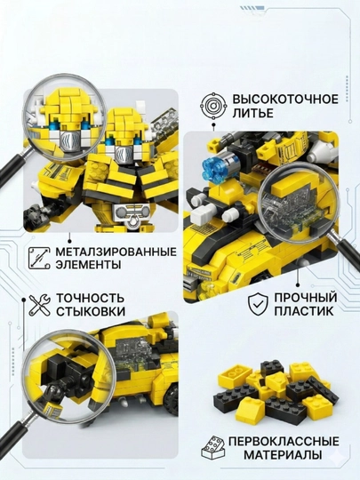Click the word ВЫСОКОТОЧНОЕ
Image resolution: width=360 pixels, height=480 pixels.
pos(285,100)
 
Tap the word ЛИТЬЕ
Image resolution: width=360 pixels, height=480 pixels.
pos(252,113)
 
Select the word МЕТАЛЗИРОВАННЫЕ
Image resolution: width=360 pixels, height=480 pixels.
pos(116,252)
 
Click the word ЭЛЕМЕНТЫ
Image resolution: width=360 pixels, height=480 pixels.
pos(88,265)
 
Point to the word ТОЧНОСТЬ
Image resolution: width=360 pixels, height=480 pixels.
pos(91,298)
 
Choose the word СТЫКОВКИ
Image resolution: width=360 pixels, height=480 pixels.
pos(91,311)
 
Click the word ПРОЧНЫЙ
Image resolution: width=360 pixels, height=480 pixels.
pos(306,298)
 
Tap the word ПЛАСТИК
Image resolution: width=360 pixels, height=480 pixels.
pos(304,311)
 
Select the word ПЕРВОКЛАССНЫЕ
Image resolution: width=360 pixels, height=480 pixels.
pos(284,442)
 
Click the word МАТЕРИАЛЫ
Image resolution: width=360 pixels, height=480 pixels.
pos(283,454)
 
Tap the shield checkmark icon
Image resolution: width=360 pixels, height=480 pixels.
pos(258,304)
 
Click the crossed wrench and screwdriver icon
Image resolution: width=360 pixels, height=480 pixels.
pos(39,305)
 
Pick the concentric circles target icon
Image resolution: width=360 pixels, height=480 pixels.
pos(213,107)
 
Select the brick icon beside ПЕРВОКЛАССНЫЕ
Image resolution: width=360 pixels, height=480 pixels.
pos(213,448)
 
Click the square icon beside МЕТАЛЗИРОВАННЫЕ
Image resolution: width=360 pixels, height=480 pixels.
pos(39,259)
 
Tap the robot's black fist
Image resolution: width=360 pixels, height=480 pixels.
pos(35,214)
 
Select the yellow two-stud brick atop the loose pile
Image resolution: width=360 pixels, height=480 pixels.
pos(232,373)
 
